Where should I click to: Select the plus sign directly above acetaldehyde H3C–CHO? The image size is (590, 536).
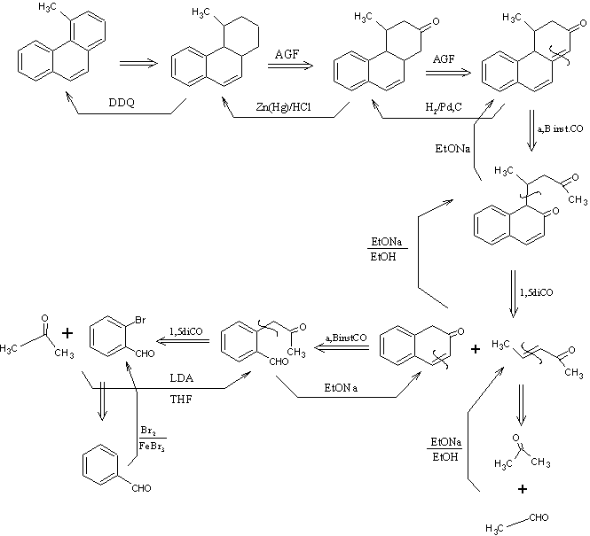click(523, 488)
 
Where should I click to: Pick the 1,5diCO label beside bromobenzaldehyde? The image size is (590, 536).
click(185, 332)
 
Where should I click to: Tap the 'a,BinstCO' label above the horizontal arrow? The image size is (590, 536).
click(340, 338)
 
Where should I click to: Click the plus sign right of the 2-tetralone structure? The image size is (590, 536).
click(476, 350)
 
